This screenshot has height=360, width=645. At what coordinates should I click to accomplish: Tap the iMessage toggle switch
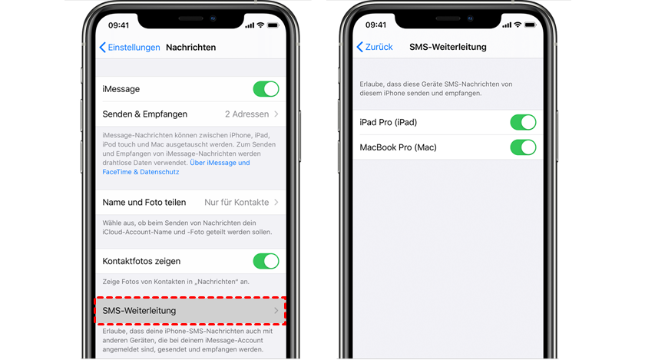coord(266,89)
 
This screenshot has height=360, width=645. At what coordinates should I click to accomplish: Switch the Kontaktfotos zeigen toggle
coord(266,261)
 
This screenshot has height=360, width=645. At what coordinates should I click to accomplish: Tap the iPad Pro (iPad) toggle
coord(523,122)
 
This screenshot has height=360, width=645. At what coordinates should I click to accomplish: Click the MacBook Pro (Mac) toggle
coord(523,147)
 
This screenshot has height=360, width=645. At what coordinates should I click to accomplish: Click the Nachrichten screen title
coord(191,48)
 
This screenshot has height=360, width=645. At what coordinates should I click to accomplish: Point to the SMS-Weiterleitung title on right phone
coord(448,47)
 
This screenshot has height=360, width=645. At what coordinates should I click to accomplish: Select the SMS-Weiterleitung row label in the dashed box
coord(139,311)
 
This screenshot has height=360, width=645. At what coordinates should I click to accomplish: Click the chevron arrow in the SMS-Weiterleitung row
coord(276,311)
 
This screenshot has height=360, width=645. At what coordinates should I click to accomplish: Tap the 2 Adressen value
coord(246,114)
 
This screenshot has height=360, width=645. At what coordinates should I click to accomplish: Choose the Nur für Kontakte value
coord(237,203)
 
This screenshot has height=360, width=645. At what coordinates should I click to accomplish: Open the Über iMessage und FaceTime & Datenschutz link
coord(176,167)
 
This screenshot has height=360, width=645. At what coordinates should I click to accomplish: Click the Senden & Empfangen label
coord(145,114)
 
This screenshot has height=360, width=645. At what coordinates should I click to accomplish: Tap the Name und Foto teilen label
coord(144,203)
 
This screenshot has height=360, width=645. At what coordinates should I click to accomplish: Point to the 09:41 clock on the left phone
coord(118,25)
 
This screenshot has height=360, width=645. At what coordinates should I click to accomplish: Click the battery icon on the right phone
coord(531,25)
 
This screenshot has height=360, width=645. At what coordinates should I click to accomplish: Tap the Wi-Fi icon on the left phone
coord(260,25)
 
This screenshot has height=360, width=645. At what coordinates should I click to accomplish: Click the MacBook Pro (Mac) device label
coord(398,147)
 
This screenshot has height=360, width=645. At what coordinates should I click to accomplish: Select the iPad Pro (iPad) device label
coord(388,122)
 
